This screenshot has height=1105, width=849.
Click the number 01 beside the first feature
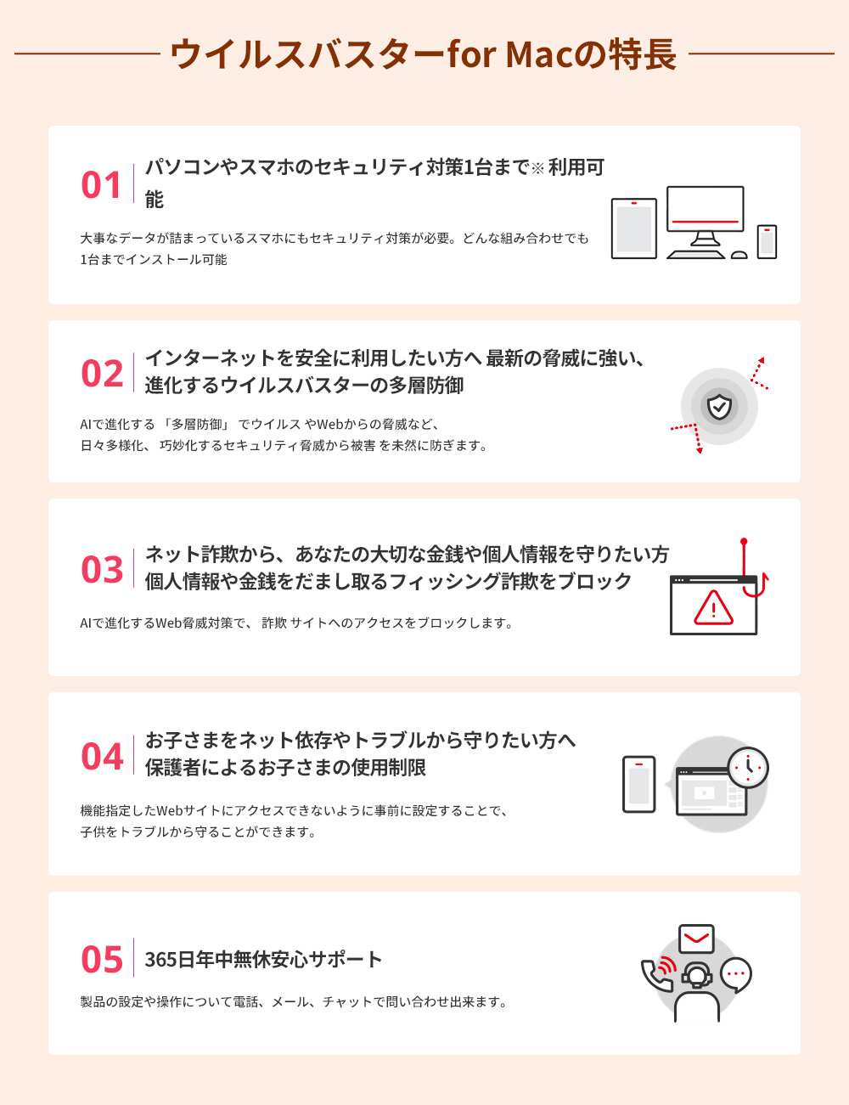pyautogui.click(x=100, y=184)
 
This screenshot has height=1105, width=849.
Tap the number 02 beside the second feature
pyautogui.click(x=102, y=373)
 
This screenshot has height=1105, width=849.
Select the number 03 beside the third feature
pyautogui.click(x=102, y=569)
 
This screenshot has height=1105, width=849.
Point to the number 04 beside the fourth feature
pyautogui.click(x=102, y=756)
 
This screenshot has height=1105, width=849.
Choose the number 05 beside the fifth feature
pyautogui.click(x=102, y=959)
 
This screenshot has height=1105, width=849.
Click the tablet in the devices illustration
pyautogui.click(x=633, y=228)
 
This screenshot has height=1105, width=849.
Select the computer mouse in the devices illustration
pyautogui.click(x=739, y=255)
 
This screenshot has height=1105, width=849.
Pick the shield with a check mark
pyautogui.click(x=719, y=406)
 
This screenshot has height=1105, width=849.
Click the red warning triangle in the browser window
pyautogui.click(x=713, y=607)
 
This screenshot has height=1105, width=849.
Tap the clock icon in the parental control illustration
pyautogui.click(x=748, y=767)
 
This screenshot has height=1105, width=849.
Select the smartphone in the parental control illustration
pyautogui.click(x=638, y=784)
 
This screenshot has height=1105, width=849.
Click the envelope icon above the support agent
pyautogui.click(x=696, y=939)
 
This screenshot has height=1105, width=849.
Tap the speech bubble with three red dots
pyautogui.click(x=736, y=975)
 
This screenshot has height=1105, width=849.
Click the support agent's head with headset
pyautogui.click(x=696, y=975)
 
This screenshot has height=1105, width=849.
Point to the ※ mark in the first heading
pyautogui.click(x=537, y=168)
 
